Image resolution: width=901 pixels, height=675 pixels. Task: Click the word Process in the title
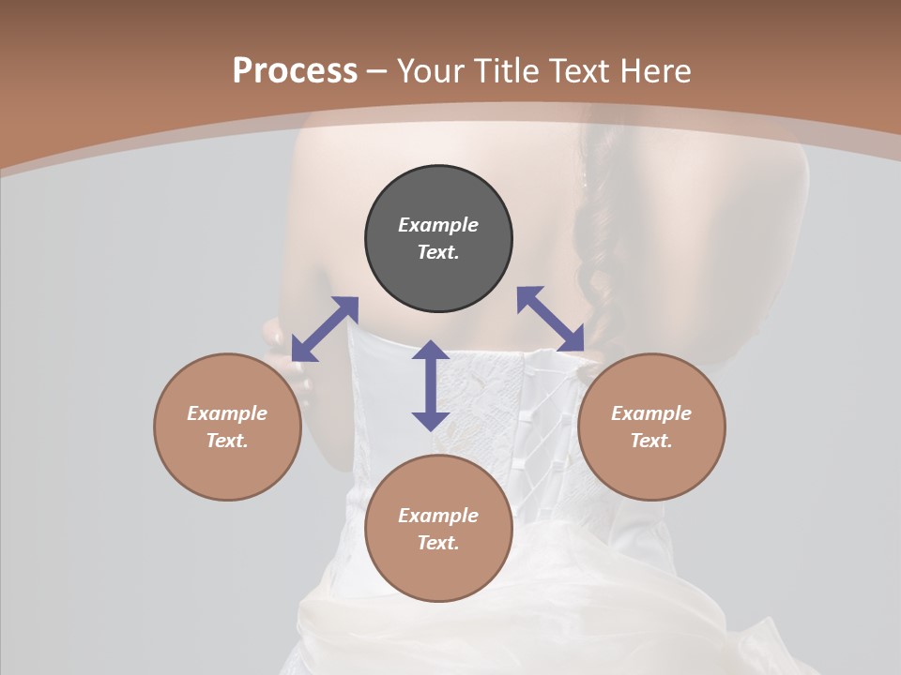click(x=295, y=71)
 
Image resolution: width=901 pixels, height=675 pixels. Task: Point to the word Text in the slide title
click(x=578, y=71)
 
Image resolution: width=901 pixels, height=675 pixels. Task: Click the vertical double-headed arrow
click(x=431, y=385)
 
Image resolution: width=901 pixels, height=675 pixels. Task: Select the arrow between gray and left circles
click(x=325, y=329)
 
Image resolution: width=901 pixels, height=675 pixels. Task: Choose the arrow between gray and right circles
click(x=551, y=319)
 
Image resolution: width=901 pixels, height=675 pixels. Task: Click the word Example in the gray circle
click(x=438, y=225)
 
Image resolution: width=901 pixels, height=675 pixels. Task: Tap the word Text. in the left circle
click(x=227, y=441)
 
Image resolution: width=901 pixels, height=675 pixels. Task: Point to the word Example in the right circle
click(x=651, y=413)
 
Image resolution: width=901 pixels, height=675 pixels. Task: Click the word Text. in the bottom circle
click(x=438, y=543)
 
